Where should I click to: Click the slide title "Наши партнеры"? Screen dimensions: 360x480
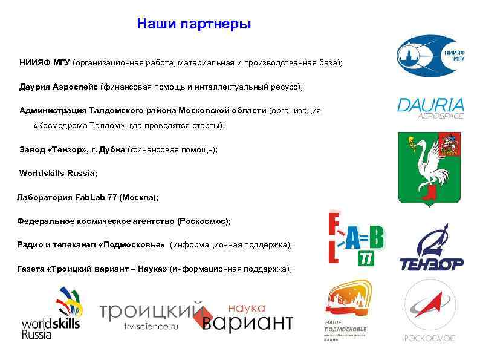tap(193, 24)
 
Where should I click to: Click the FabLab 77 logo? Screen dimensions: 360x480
tap(355, 239)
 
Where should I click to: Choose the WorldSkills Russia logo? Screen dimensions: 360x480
tap(51, 313)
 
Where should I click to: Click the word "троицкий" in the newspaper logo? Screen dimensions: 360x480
tap(151, 311)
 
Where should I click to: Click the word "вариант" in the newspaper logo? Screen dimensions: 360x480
tap(247, 322)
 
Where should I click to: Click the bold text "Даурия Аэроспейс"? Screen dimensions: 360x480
tap(59, 87)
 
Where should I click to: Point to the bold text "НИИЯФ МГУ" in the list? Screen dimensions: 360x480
tap(45, 63)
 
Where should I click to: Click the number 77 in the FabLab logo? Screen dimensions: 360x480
tap(366, 259)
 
